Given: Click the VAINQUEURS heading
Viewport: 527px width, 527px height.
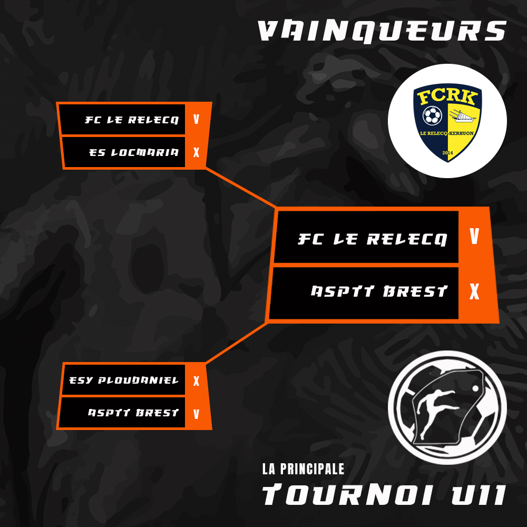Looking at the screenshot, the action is (382, 32).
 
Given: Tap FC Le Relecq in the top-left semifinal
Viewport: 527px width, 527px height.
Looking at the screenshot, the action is (132, 120).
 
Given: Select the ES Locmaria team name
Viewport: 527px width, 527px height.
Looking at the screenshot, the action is (134, 152).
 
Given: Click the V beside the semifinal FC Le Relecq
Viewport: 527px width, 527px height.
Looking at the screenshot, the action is (196, 119).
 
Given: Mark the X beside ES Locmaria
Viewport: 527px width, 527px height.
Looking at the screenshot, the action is (196, 152).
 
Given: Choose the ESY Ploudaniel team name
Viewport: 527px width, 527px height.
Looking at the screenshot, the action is (124, 380).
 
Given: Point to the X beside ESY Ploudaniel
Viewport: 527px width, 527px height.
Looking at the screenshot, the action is (196, 381).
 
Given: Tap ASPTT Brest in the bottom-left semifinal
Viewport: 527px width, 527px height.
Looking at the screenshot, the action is (133, 413).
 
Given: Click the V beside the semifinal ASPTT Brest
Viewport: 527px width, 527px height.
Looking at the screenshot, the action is (196, 414).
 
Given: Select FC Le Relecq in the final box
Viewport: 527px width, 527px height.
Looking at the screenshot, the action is (373, 239).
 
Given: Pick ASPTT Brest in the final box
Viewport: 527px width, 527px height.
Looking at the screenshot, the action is (379, 291).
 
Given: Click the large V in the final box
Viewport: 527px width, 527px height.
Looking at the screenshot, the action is (474, 236).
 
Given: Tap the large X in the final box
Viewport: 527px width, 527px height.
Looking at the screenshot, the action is (474, 291).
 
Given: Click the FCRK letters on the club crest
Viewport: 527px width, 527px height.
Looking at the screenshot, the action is (447, 97).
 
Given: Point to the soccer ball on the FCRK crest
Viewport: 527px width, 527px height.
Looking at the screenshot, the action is (432, 115).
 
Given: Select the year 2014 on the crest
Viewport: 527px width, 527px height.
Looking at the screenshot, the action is (447, 153).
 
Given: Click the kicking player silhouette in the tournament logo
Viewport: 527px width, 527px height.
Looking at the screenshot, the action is (436, 412).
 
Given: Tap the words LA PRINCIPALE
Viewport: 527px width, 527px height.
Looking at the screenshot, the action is (303, 469).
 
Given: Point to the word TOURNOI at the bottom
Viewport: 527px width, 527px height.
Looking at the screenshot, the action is (347, 495).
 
